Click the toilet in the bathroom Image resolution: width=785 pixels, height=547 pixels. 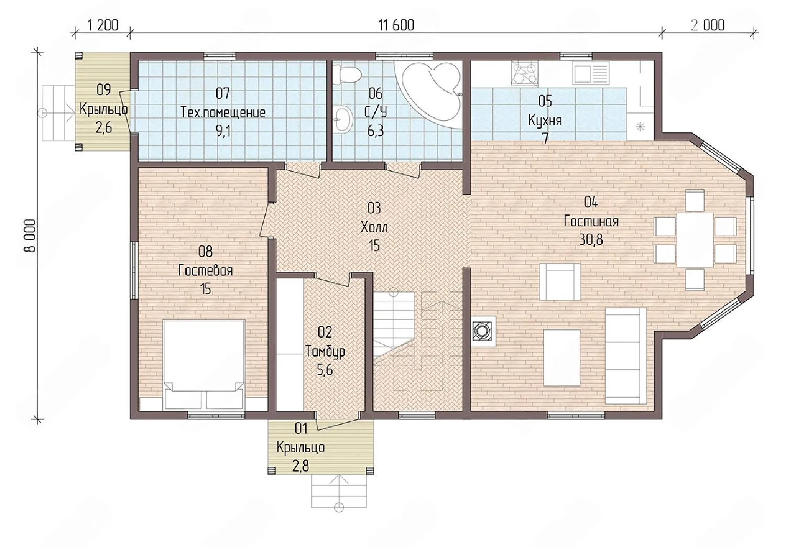click(347, 75)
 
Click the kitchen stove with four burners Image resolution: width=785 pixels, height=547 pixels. click(524, 74)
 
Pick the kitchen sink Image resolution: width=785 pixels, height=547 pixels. click(591, 73)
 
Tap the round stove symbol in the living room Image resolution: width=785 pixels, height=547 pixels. click(483, 331)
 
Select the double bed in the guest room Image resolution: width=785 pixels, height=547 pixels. click(204, 365)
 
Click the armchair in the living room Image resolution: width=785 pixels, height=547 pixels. click(559, 282)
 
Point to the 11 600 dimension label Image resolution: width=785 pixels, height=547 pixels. click(396, 25)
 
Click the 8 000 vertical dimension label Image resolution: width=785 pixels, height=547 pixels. click(31, 235)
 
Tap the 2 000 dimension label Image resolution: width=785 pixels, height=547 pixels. click(708, 25)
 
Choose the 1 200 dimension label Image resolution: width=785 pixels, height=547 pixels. click(103, 25)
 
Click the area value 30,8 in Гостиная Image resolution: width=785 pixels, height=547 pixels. click(591, 240)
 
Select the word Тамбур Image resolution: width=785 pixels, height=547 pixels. click(325, 351)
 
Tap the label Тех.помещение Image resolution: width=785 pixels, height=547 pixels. click(223, 113)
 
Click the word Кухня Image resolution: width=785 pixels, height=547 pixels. click(545, 121)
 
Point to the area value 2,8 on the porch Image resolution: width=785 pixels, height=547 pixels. click(301, 466)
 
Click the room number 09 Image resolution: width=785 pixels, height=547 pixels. click(104, 90)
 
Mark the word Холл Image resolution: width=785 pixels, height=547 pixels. click(374, 227)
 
